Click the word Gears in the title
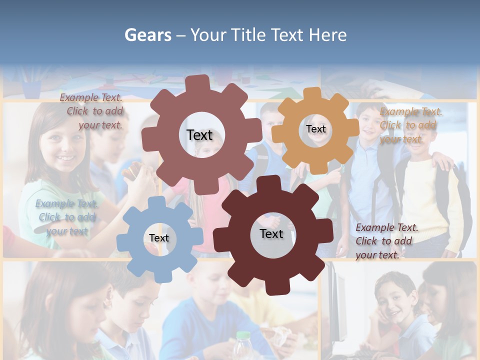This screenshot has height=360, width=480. pyautogui.click(x=147, y=35)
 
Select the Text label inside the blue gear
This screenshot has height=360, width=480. pyautogui.click(x=159, y=238)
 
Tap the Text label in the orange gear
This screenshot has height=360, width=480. pyautogui.click(x=315, y=129)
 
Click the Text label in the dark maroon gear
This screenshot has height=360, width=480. pyautogui.click(x=271, y=234)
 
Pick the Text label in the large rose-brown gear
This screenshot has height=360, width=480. pyautogui.click(x=199, y=135)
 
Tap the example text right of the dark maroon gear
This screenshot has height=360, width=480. pyautogui.click(x=386, y=241)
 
